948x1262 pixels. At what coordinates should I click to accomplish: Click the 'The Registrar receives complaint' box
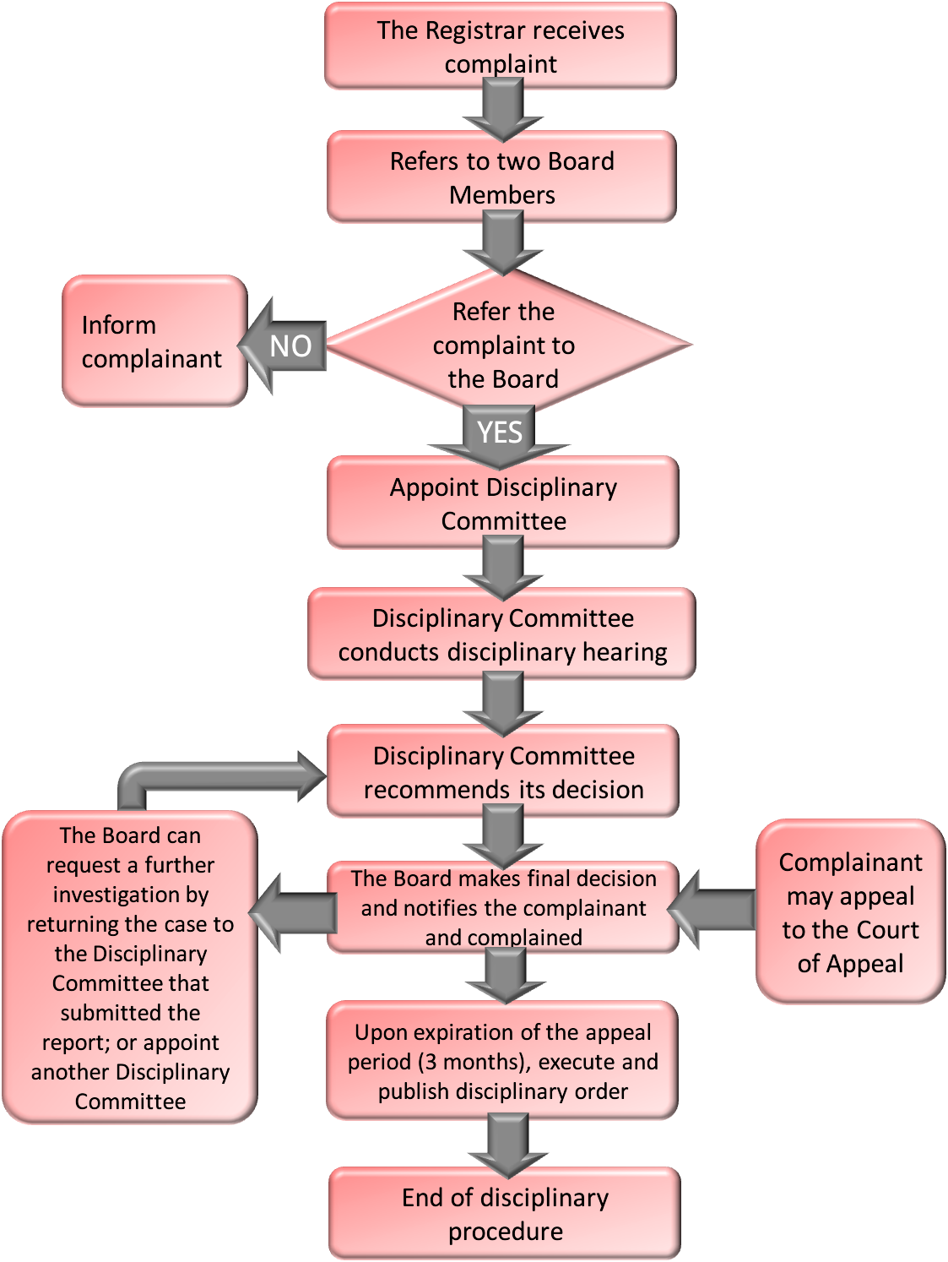(x=501, y=46)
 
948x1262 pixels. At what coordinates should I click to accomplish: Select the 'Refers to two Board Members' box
(x=501, y=177)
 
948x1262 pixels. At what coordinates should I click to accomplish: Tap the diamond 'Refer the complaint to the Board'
(x=504, y=345)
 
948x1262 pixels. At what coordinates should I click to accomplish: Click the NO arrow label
(x=290, y=345)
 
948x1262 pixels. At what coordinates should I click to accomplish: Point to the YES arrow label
(x=500, y=432)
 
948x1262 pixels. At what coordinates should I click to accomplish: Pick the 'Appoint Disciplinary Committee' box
(x=503, y=503)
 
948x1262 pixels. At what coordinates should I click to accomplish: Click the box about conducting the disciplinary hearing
(x=502, y=634)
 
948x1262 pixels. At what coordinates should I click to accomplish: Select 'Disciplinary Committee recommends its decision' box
(x=503, y=772)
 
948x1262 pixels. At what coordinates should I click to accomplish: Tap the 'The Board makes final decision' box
(x=503, y=907)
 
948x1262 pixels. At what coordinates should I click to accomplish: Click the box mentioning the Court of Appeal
(x=850, y=912)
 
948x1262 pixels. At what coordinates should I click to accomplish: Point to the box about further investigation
(x=130, y=968)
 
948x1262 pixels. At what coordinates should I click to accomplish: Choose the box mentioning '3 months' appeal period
(x=503, y=1061)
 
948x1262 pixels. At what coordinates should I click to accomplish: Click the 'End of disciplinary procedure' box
(x=505, y=1214)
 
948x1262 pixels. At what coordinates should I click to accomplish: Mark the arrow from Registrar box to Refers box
(x=503, y=110)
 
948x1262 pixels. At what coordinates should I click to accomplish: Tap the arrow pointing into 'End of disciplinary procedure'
(x=507, y=1145)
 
